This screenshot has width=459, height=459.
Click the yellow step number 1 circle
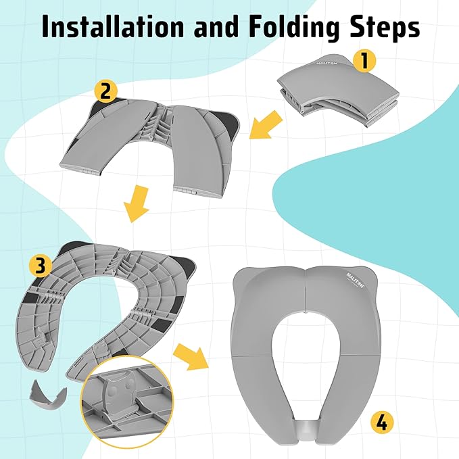(x=364, y=61)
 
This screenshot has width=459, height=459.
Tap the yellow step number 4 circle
(x=381, y=424)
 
